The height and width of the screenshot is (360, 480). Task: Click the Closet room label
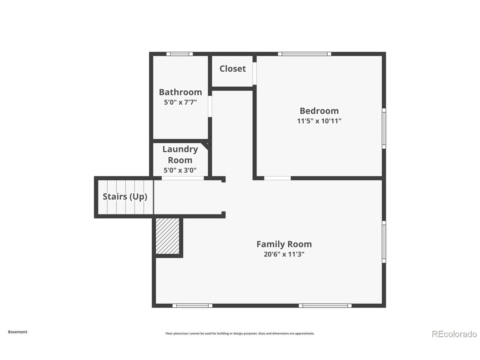pyautogui.click(x=232, y=69)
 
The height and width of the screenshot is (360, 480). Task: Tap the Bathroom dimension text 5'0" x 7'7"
pyautogui.click(x=180, y=102)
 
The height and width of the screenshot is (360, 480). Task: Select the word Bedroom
pyautogui.click(x=319, y=111)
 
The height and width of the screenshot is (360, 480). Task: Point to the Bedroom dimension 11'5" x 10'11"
pyautogui.click(x=319, y=121)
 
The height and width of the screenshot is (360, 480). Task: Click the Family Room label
pyautogui.click(x=284, y=244)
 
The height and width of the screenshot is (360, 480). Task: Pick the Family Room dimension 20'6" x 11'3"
pyautogui.click(x=284, y=254)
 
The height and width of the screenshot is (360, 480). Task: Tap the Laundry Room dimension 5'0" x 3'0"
pyautogui.click(x=180, y=170)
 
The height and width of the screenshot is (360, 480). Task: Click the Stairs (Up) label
pyautogui.click(x=125, y=196)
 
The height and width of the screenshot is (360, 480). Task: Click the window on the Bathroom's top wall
pyautogui.click(x=180, y=54)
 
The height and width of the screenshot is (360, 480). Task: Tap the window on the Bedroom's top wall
pyautogui.click(x=304, y=54)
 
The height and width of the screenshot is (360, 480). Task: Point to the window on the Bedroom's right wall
pyautogui.click(x=384, y=128)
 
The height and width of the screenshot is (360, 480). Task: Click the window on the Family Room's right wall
pyautogui.click(x=384, y=241)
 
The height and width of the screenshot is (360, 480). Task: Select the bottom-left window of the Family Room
pyautogui.click(x=192, y=306)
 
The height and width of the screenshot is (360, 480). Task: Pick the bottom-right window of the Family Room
pyautogui.click(x=325, y=306)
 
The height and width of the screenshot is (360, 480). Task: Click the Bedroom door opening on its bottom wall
pyautogui.click(x=277, y=178)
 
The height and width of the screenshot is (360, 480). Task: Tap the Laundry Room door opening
pyautogui.click(x=183, y=178)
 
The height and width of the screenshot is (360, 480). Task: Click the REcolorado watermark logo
pyautogui.click(x=454, y=333)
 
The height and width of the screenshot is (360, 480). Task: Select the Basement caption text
pyautogui.click(x=18, y=332)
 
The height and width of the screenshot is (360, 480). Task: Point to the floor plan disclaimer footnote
pyautogui.click(x=240, y=333)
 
